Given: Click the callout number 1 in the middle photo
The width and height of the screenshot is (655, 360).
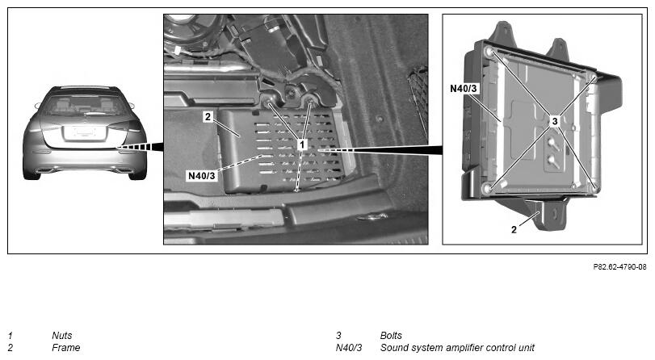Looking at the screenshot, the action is [301, 145].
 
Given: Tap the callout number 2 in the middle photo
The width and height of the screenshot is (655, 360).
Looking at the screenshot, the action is [208, 117].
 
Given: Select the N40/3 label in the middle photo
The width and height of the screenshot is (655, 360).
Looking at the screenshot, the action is [202, 176].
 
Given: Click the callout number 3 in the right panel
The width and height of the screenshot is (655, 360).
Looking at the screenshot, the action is [555, 122].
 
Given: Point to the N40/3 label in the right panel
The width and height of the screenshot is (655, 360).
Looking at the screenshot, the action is [464, 89].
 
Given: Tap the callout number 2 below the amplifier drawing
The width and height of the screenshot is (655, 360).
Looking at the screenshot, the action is [514, 229].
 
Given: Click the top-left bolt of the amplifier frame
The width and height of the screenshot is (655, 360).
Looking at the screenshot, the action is [489, 52].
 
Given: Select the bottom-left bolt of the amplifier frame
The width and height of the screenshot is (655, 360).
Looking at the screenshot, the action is [487, 188].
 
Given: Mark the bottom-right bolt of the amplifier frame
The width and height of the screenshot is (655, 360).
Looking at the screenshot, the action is [595, 188].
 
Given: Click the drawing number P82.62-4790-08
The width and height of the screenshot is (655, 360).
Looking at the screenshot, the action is [620, 266].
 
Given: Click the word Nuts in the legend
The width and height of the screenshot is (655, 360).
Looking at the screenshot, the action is [62, 335].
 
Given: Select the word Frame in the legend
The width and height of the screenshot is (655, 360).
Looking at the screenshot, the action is [66, 347].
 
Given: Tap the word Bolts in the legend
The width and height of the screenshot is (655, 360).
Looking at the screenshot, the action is [391, 335].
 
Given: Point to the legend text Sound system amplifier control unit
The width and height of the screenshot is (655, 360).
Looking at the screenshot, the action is [457, 347].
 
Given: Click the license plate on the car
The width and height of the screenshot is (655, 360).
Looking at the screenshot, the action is [83, 132].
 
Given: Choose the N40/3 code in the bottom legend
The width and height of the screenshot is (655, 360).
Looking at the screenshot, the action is [349, 347].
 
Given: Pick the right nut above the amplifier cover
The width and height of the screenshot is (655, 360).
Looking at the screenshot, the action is [309, 99].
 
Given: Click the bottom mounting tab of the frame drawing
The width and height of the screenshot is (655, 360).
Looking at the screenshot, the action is [551, 215].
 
